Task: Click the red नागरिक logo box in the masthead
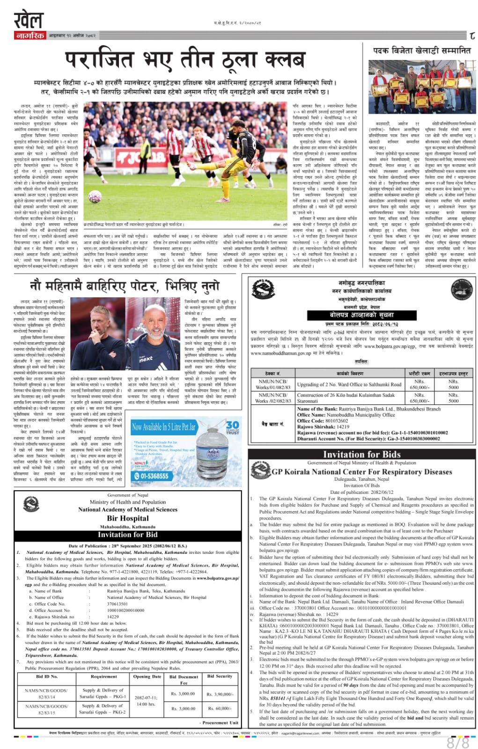click(29, 36)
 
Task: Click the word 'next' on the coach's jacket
click(146, 359)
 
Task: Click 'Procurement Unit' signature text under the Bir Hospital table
click(220, 722)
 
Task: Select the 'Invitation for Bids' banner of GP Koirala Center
click(361, 454)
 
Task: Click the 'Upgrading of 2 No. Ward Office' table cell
click(349, 384)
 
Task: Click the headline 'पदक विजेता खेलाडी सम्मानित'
click(421, 51)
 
